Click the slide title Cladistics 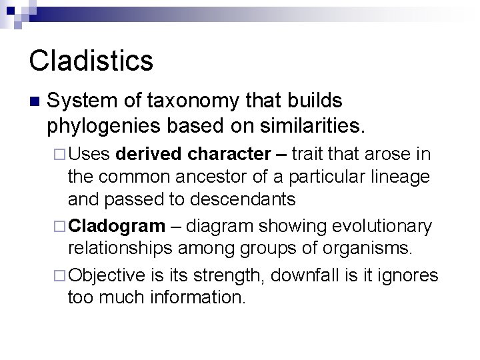(91, 61)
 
